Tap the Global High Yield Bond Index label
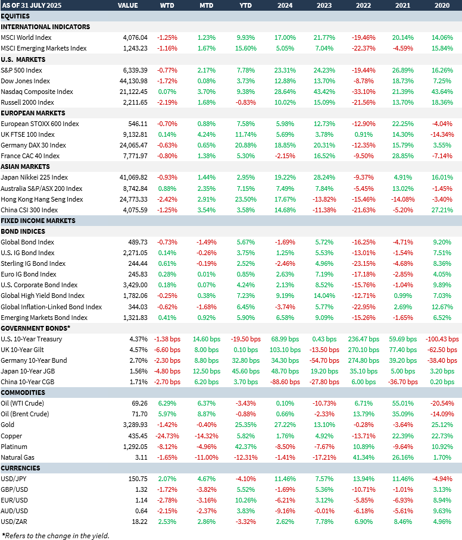click(x=43, y=296)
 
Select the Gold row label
click(x=8, y=425)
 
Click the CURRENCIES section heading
click(x=21, y=468)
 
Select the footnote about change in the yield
click(x=55, y=535)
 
